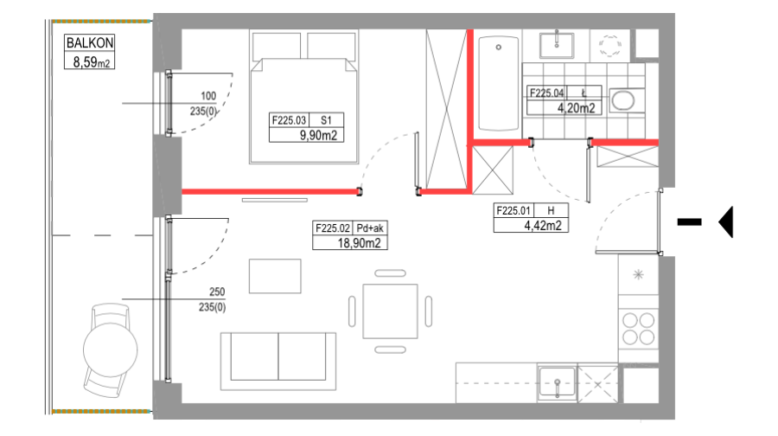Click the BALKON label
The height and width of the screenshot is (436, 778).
(x=90, y=42)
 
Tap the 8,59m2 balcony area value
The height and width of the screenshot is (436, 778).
(x=92, y=62)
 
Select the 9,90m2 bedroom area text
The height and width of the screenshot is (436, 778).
(x=318, y=135)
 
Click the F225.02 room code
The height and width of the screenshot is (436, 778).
(x=333, y=228)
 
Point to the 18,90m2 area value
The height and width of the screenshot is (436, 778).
(x=360, y=243)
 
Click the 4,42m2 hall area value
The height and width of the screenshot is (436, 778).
(x=543, y=226)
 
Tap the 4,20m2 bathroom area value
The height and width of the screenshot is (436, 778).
(x=576, y=108)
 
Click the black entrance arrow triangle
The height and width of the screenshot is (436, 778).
(x=726, y=222)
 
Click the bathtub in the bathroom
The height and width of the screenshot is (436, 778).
(x=499, y=82)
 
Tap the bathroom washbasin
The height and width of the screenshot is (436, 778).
(x=557, y=46)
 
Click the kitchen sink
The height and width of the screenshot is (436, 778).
(x=558, y=381)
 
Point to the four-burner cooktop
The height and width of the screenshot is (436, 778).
(x=639, y=328)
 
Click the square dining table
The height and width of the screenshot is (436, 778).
(x=390, y=311)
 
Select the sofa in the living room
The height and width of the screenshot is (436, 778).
(x=278, y=361)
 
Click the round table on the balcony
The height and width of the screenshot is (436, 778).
(x=110, y=349)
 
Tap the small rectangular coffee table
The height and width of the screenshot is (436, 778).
(x=275, y=276)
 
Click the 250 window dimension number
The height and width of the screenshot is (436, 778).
(x=217, y=292)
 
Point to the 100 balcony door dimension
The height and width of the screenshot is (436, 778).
(x=208, y=96)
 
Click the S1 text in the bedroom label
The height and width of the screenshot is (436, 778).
(x=326, y=120)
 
